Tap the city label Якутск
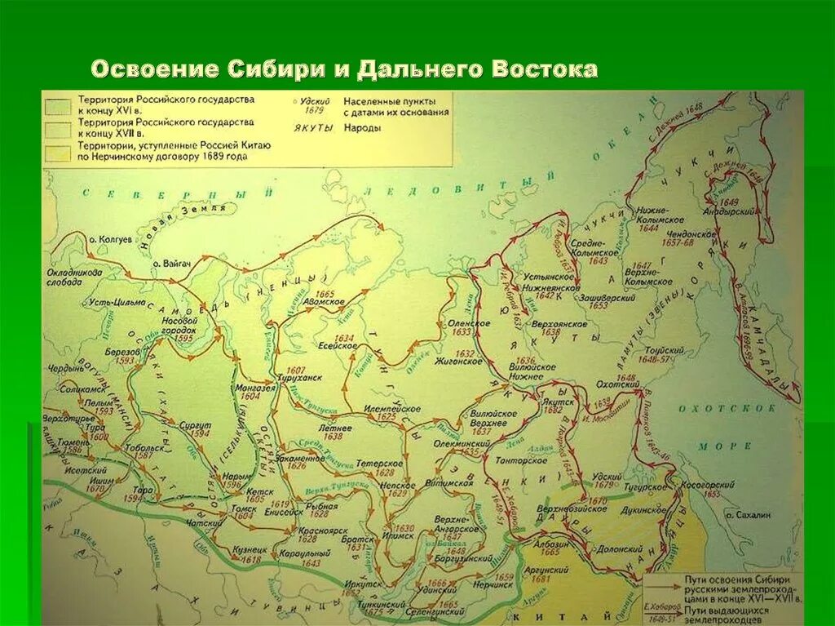click(x=553, y=402)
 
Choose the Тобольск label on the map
click(x=146, y=449)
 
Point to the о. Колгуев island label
click(x=110, y=239)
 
